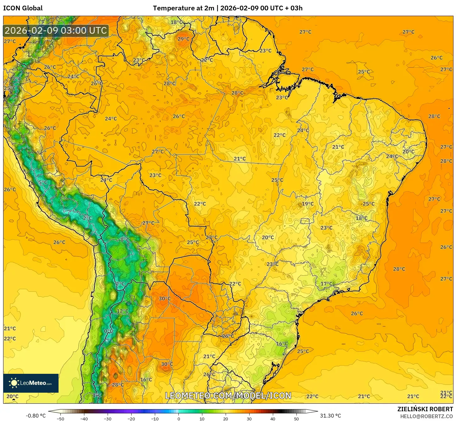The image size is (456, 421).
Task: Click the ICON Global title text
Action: [23, 8]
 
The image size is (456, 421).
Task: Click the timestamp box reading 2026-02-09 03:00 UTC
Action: [56, 31]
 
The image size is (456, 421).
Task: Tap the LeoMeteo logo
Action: [31, 383]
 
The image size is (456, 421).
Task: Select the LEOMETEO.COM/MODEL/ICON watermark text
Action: [228, 396]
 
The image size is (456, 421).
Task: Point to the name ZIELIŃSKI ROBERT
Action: [425, 409]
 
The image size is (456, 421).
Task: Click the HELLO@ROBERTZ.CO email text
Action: [426, 416]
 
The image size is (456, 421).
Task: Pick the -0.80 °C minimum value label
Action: [36, 416]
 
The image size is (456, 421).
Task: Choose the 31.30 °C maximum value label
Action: [330, 416]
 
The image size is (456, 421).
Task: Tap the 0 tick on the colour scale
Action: [178, 418]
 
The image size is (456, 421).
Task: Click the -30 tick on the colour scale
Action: [108, 418]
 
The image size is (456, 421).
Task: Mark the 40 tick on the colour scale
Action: [273, 418]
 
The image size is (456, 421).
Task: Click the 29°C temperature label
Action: [183, 39]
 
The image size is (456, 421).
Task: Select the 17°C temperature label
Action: [326, 284]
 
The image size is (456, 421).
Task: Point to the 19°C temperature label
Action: [307, 204]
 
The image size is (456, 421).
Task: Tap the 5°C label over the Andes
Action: [43, 182]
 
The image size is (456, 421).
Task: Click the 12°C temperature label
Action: [122, 311]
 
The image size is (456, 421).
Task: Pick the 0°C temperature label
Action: [109, 331]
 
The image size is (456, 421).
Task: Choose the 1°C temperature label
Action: [97, 395]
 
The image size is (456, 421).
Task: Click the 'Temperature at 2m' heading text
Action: [183, 8]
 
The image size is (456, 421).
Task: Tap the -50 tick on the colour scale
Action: [60, 418]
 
